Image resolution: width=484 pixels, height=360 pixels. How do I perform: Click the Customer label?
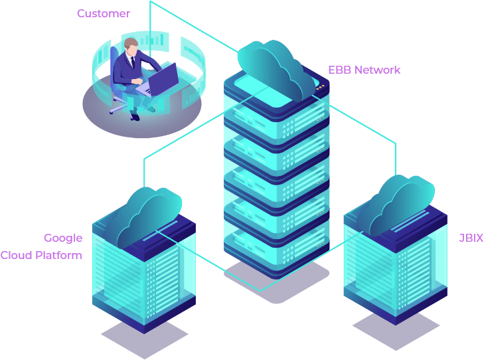104,13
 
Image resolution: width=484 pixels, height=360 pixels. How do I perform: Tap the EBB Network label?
364,70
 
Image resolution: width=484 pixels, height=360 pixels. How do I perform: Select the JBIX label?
471,238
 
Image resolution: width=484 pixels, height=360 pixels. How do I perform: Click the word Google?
63,238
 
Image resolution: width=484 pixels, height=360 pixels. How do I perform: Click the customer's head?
131,48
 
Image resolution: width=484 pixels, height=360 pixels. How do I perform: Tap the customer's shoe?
135,116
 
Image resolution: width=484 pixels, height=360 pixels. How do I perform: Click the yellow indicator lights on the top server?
321,86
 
